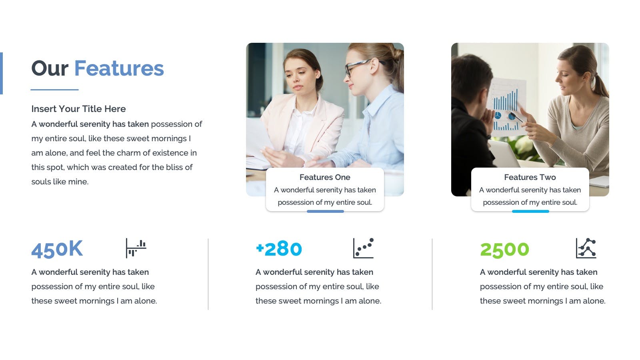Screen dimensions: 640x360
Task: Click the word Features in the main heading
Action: (x=119, y=68)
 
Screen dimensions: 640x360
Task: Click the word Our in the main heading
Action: (x=50, y=68)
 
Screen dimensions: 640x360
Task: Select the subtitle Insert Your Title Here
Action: (x=78, y=109)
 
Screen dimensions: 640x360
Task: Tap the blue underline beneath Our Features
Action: (x=54, y=90)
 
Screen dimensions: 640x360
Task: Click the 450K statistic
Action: (x=57, y=250)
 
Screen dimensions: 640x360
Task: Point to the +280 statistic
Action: (x=279, y=249)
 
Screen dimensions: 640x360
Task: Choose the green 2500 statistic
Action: (x=504, y=250)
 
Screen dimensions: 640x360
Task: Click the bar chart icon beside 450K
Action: (x=136, y=248)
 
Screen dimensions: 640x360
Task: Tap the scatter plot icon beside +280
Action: (x=364, y=248)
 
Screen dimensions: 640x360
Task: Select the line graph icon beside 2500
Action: (x=586, y=248)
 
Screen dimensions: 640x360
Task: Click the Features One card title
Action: (x=325, y=178)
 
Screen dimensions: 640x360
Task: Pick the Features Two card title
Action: (x=530, y=178)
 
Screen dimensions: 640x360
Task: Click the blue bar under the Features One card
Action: (x=325, y=212)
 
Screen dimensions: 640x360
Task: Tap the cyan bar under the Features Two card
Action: (x=530, y=212)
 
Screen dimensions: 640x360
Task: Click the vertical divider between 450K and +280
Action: (x=208, y=274)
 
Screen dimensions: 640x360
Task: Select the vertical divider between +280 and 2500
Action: (x=432, y=274)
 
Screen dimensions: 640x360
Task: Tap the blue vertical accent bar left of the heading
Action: (x=1, y=74)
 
